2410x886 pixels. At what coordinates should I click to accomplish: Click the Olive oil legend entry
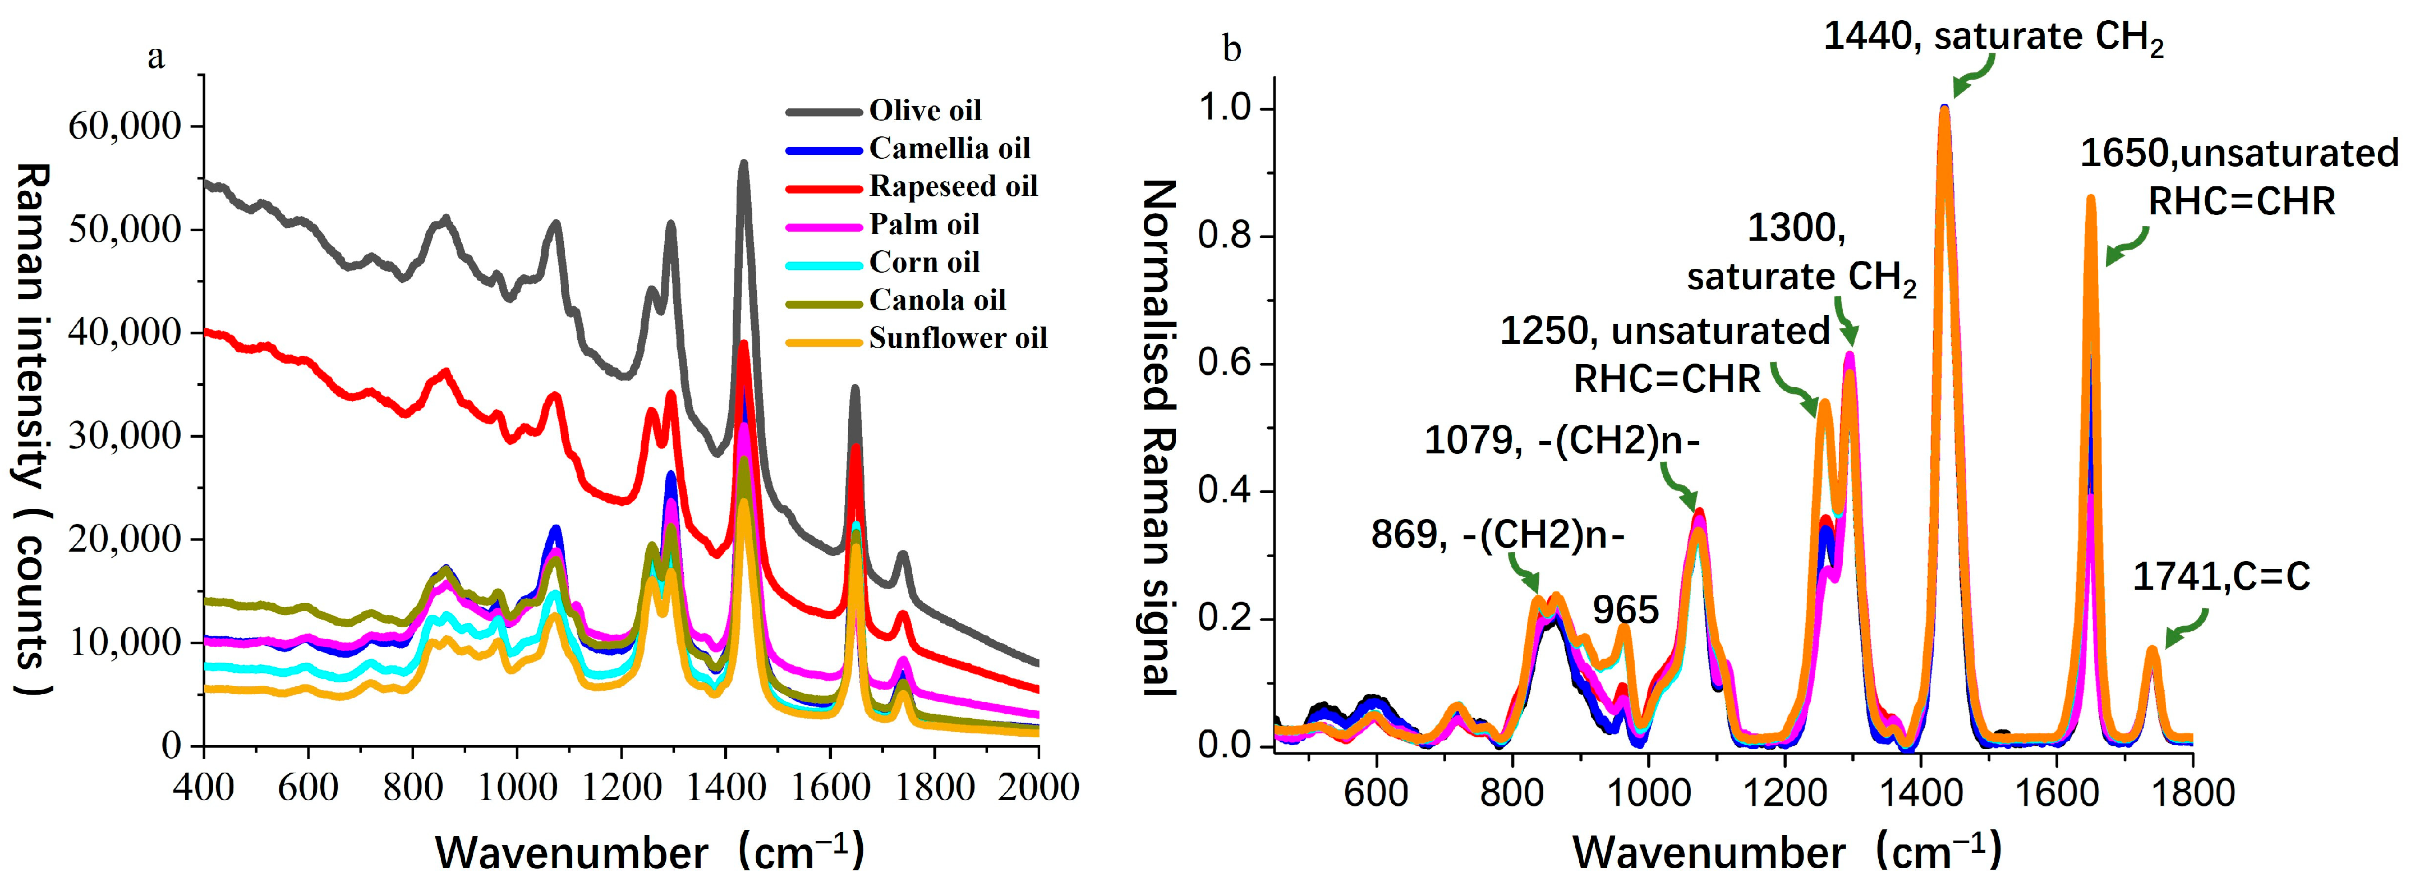[x=925, y=111]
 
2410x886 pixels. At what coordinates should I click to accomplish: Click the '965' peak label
[x=1626, y=610]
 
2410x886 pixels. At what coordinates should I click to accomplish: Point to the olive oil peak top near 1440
[x=744, y=163]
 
